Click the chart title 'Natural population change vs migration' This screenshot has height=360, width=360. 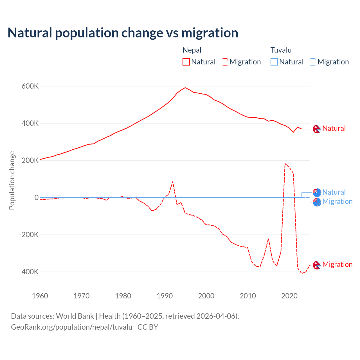pos(123,33)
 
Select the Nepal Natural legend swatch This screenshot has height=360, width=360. pos(186,62)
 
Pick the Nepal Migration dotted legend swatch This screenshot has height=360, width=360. pos(224,62)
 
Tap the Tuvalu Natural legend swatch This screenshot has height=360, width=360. pos(274,62)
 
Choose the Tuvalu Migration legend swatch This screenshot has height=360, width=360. pos(312,62)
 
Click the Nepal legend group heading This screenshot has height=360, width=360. pos(192,50)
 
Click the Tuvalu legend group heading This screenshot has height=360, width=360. pos(281,50)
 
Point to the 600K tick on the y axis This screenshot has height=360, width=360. pos(30,86)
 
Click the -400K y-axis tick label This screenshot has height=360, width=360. pos(29,272)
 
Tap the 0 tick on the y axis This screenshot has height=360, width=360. pos(36,197)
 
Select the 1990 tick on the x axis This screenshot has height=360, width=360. pos(165,296)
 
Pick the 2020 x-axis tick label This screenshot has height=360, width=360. pos(289,296)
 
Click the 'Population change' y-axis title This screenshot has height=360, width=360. pos(12,180)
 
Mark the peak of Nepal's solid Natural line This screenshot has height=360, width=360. pos(185,88)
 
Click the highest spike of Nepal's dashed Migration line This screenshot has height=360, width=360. pos(285,163)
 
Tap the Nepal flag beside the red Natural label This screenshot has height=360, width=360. pos(317,129)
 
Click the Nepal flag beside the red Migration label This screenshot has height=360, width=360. pos(317,265)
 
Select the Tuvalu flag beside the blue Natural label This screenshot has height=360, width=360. pos(317,193)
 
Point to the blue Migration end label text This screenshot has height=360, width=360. pos(337,201)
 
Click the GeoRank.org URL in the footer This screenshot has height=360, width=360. pos(71,327)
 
